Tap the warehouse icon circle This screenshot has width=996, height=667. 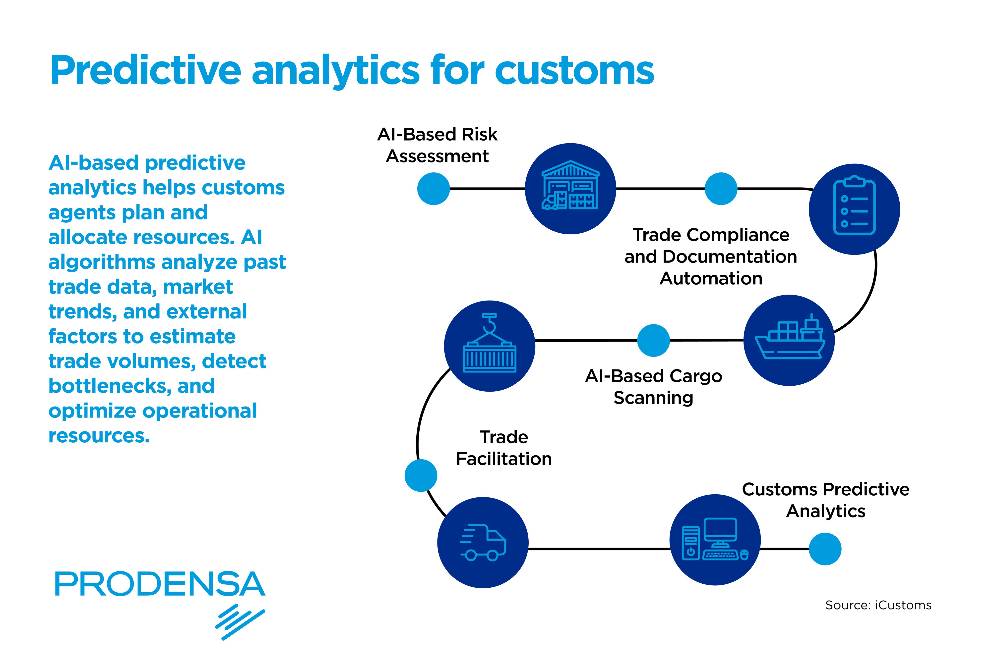[570, 188]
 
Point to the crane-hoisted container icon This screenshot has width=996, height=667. [490, 345]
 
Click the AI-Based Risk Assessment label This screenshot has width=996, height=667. [437, 145]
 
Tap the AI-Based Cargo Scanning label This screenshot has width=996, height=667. [653, 387]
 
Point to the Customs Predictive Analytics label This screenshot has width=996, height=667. [825, 500]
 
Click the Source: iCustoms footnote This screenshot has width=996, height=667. [878, 605]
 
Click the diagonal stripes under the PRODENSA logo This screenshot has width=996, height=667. [240, 621]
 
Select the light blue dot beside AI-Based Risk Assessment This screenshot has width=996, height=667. [433, 188]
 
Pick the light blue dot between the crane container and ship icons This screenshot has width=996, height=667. [653, 340]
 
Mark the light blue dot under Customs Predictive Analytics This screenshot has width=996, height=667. [825, 549]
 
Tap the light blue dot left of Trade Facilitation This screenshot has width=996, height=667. [421, 475]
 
